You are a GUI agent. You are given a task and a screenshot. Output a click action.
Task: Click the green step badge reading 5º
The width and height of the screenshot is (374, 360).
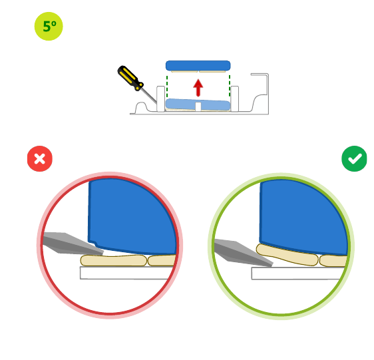pos(49,26)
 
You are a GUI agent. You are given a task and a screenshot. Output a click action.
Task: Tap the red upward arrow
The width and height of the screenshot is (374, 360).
pos(198,88)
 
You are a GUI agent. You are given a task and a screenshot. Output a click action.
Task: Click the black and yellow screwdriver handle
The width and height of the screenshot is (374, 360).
pos(130,78)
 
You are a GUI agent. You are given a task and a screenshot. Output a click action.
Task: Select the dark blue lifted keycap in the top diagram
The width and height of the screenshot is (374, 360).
pos(198,66)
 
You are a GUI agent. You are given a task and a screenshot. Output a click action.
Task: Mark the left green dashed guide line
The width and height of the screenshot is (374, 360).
pos(167,87)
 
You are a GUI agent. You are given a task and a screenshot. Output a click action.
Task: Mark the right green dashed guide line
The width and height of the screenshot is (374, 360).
pos(230,86)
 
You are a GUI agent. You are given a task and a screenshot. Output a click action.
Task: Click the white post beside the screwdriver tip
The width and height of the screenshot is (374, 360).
pos(160,98)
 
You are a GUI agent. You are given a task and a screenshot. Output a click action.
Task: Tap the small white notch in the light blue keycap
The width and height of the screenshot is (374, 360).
pos(198,106)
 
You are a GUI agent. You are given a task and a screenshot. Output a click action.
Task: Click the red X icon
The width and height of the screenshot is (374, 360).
pos(40,158)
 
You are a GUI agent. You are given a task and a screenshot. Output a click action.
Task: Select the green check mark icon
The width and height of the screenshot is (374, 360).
pos(354,158)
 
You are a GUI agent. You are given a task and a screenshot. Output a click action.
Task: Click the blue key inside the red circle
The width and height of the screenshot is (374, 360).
pos(132,216)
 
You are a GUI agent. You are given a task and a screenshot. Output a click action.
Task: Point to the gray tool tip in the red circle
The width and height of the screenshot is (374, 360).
pos(73,244)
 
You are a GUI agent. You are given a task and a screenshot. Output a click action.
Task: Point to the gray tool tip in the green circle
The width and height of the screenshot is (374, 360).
pos(243,252)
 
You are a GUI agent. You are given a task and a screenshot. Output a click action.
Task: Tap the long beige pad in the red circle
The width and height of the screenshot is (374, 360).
pos(114,260)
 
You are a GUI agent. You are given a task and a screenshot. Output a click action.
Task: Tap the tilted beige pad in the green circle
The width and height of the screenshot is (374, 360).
pos(287,255)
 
